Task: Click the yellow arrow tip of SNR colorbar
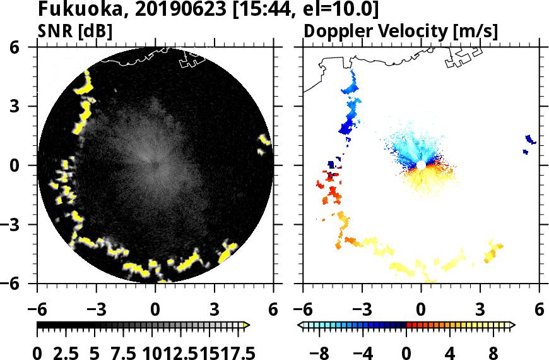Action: pyautogui.click(x=247, y=325)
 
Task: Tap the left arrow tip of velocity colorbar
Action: pyautogui.click(x=300, y=325)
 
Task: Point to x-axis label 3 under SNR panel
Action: pyautogui.click(x=215, y=309)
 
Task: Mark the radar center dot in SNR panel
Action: pyautogui.click(x=155, y=165)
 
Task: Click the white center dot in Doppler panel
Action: pyautogui.click(x=421, y=165)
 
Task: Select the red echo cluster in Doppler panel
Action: pyautogui.click(x=329, y=186)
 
